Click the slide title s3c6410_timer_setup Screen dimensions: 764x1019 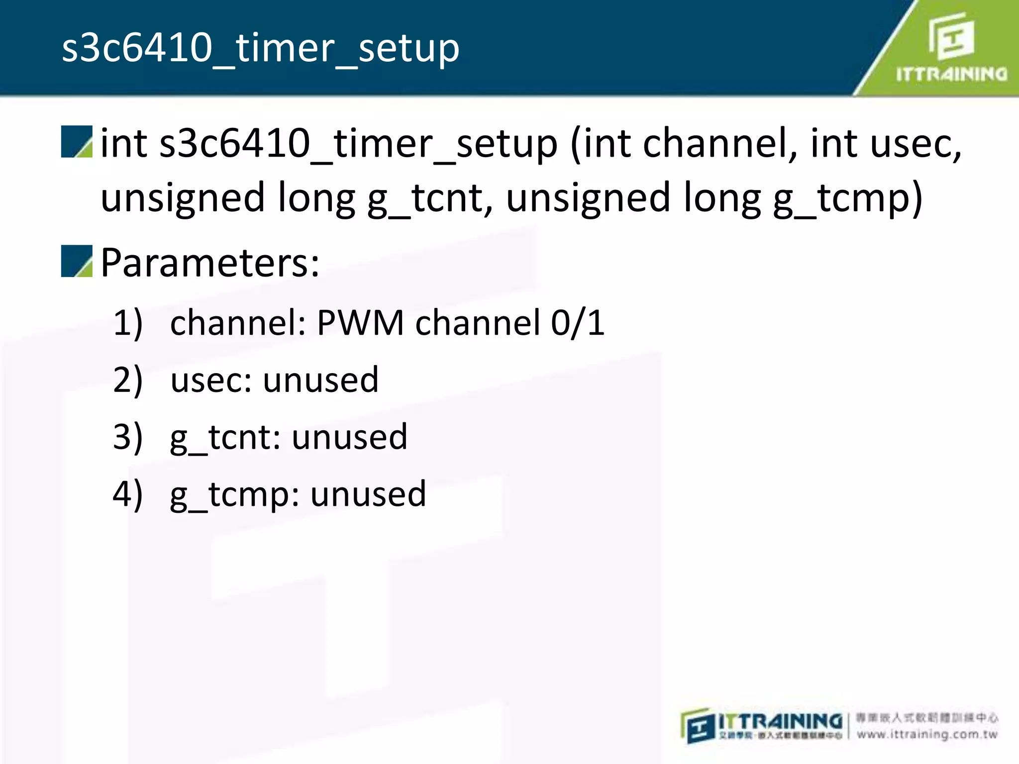[260, 49]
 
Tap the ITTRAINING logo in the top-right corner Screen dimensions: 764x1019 [951, 48]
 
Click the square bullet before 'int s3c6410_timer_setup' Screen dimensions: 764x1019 [77, 142]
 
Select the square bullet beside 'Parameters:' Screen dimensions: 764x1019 [77, 261]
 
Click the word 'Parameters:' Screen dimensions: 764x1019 [209, 263]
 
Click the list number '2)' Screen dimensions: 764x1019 [128, 380]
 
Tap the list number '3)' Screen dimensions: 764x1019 [128, 437]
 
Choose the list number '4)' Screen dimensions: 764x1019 [128, 494]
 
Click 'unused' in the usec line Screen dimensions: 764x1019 [321, 380]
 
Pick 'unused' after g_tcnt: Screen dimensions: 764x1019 [350, 437]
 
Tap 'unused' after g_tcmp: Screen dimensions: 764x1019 [369, 494]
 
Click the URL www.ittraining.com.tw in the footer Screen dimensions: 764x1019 [927, 735]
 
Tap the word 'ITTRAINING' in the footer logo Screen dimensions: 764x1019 [780, 721]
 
